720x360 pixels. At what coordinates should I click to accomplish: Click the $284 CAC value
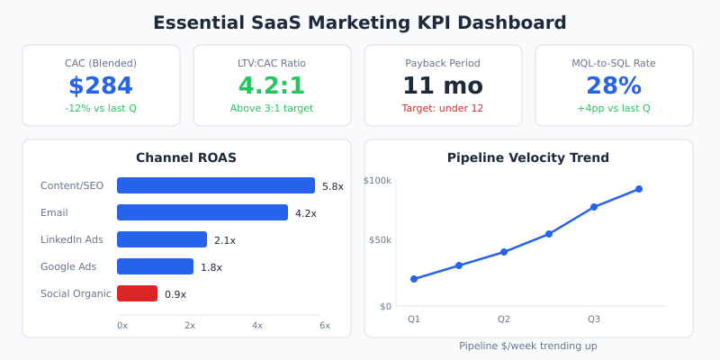[x=101, y=85]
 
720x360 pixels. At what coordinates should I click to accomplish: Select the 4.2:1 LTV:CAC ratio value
[x=272, y=85]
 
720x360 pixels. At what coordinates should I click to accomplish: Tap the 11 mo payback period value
[x=443, y=85]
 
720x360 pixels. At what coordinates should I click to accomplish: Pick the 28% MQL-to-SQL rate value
[x=614, y=85]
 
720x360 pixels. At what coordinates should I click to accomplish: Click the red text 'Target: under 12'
[x=443, y=108]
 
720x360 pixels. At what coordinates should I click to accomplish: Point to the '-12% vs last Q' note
[x=101, y=108]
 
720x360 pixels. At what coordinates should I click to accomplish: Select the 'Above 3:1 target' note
[x=272, y=108]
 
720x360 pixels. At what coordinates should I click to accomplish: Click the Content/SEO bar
[x=216, y=185]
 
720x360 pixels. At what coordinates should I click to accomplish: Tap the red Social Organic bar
[x=137, y=293]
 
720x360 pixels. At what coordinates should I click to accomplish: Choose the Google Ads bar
[x=155, y=266]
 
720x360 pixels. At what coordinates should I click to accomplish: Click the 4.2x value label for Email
[x=306, y=213]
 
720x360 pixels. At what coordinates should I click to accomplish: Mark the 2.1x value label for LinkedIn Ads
[x=225, y=240]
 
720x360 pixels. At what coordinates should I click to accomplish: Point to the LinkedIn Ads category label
[x=72, y=239]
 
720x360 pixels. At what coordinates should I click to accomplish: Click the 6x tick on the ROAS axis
[x=324, y=325]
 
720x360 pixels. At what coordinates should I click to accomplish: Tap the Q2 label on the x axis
[x=504, y=319]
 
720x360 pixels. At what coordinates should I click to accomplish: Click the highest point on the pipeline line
[x=639, y=189]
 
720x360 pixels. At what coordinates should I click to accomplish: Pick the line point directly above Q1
[x=414, y=279]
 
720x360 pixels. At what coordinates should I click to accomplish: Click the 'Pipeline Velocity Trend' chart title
[x=528, y=157]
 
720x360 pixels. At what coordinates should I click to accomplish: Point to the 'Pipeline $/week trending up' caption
[x=528, y=346]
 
